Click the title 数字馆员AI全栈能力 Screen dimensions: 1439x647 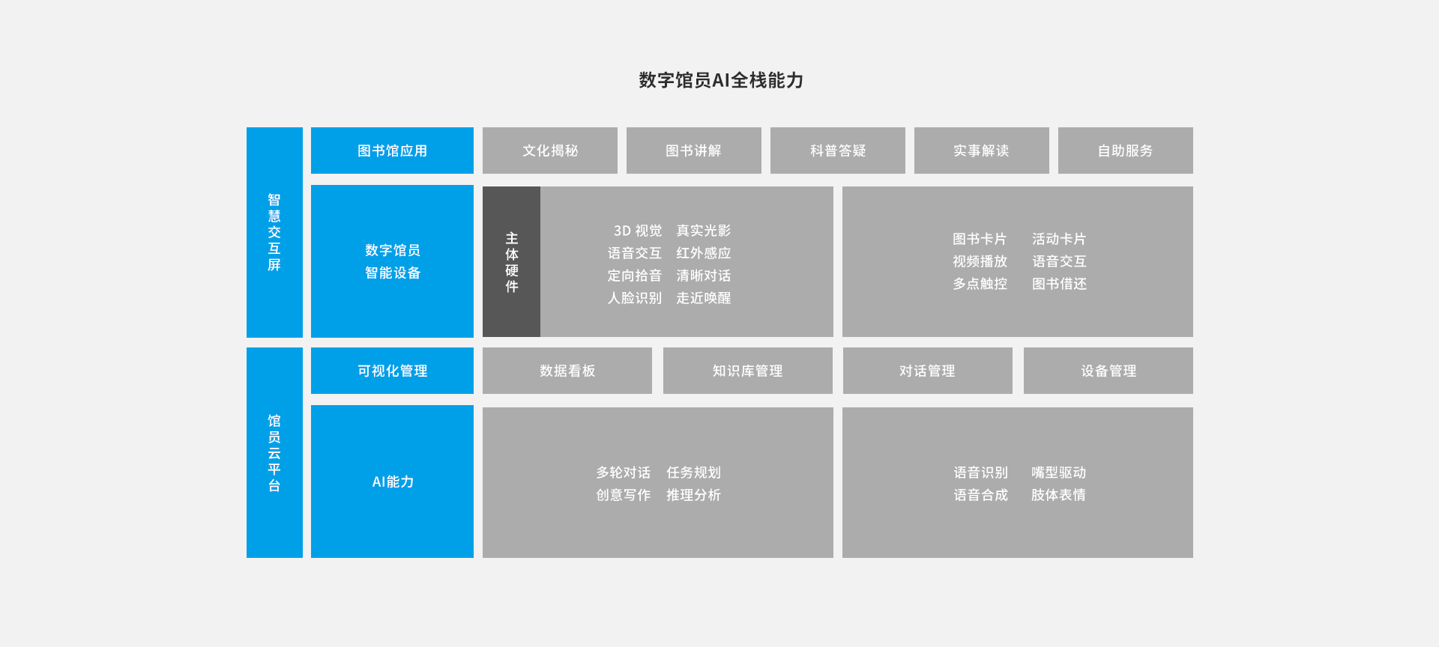(x=720, y=80)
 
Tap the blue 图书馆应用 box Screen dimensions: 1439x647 (x=392, y=151)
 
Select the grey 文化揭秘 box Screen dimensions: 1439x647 (x=550, y=151)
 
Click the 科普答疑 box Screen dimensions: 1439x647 (x=838, y=151)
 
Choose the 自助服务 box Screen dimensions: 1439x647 (x=1126, y=151)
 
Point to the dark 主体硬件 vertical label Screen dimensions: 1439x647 (x=511, y=262)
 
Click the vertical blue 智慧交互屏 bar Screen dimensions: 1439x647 (x=274, y=232)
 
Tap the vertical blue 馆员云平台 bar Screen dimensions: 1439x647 (x=274, y=452)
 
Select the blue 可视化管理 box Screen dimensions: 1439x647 (x=392, y=371)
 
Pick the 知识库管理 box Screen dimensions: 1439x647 (x=748, y=371)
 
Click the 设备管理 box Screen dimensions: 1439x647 (x=1108, y=371)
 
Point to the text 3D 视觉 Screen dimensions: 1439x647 (x=638, y=231)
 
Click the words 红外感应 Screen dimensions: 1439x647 (x=704, y=253)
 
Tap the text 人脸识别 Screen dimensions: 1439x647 (x=635, y=298)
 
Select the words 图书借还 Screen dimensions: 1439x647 (x=1059, y=284)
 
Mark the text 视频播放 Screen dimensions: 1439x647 (x=980, y=261)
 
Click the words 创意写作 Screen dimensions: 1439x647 (x=624, y=495)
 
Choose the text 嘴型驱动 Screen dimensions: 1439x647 (x=1059, y=473)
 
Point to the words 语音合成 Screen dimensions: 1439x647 (x=981, y=495)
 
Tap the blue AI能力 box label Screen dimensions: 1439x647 (x=393, y=482)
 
